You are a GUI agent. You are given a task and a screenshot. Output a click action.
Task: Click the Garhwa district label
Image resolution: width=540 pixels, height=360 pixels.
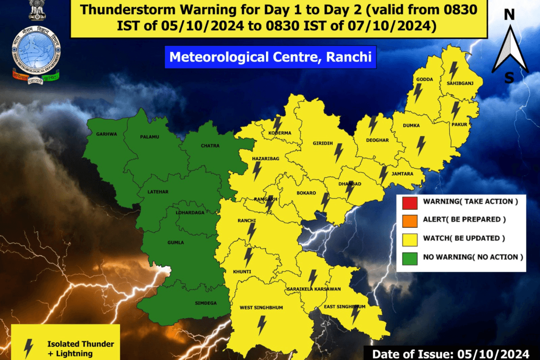coord(106,134)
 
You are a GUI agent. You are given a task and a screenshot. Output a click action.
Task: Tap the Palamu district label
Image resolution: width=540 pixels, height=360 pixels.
coord(149,136)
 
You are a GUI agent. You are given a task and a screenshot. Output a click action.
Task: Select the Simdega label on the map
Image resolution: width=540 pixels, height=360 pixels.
coord(206,303)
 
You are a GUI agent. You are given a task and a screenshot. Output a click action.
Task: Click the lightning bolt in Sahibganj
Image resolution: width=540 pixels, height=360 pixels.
coord(453,71)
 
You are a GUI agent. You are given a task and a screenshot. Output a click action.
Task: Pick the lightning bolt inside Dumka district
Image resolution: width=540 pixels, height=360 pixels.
coord(421,145)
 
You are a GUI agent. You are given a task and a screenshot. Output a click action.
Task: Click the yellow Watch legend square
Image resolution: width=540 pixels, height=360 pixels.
coord(409,239)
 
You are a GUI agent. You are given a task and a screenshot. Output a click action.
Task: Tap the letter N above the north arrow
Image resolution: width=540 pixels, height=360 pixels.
coord(509,15)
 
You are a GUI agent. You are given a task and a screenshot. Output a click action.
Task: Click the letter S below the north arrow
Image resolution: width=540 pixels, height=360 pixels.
coord(509,78)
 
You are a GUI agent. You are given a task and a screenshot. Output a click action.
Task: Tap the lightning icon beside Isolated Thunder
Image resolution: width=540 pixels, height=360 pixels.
coord(29,347)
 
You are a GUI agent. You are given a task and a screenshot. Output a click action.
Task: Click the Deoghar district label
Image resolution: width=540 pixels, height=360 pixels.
coord(377,140)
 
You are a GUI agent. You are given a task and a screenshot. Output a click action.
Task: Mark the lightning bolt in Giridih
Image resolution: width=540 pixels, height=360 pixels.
coord(337,153)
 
